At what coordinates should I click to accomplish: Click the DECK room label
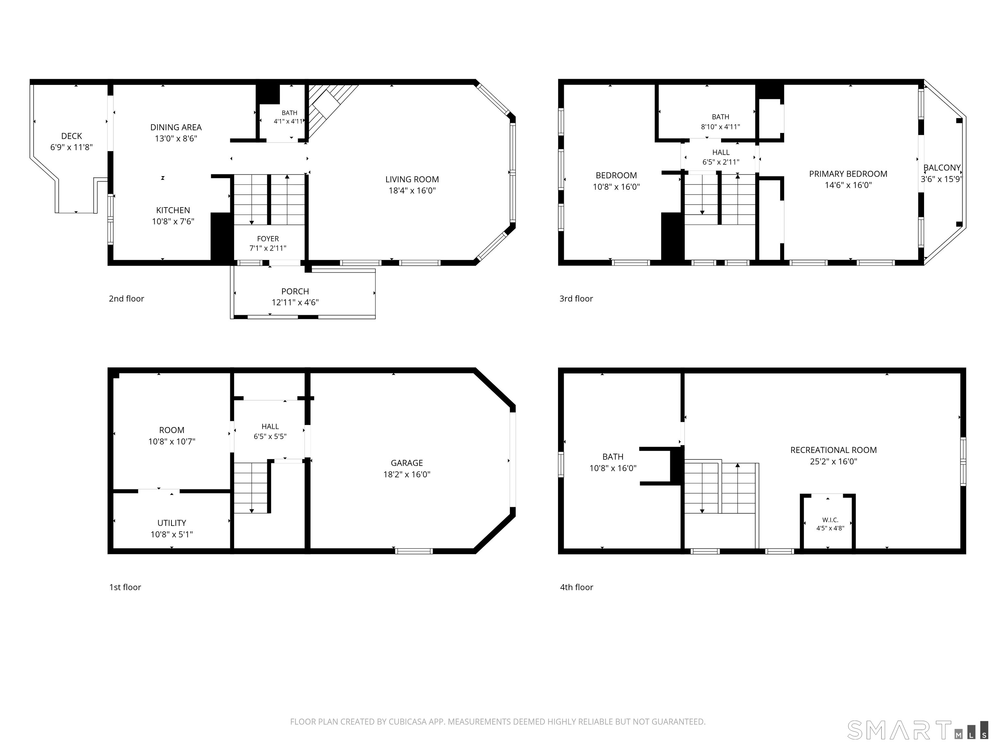click(72, 136)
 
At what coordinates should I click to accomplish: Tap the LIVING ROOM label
click(412, 179)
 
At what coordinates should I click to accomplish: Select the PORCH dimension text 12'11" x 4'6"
click(295, 302)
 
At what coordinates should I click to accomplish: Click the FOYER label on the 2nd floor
click(268, 239)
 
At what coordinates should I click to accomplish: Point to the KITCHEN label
click(173, 210)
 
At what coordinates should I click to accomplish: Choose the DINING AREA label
click(176, 127)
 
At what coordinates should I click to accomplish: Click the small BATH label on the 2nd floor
click(290, 113)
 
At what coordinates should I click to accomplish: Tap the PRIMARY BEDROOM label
click(848, 174)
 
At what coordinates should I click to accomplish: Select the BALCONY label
click(942, 168)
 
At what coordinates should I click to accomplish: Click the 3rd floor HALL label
click(721, 153)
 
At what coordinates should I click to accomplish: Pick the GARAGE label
click(407, 463)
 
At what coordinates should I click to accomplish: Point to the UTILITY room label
click(172, 523)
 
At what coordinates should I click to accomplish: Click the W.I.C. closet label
click(830, 520)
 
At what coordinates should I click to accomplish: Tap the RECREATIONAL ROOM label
click(834, 450)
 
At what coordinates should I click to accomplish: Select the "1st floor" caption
click(125, 587)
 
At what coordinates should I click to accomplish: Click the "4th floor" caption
click(576, 587)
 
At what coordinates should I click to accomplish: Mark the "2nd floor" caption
click(126, 299)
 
